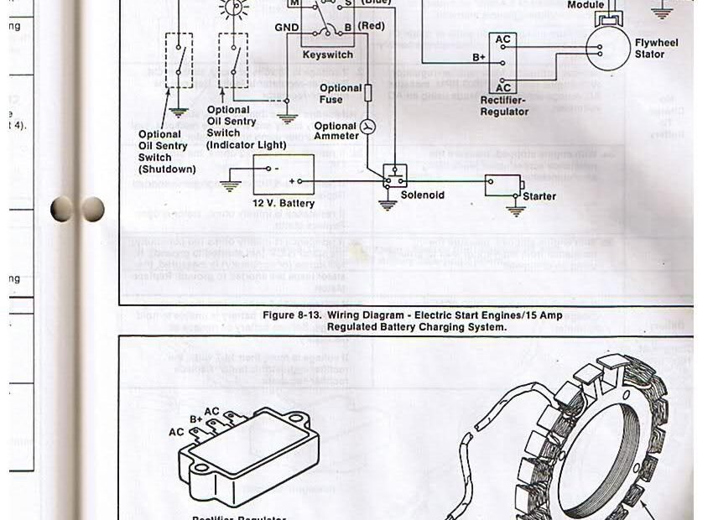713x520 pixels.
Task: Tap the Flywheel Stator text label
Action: coord(656,49)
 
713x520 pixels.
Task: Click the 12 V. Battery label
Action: coord(284,204)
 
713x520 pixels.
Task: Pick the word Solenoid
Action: coord(423,195)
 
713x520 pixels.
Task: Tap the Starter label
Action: coord(539,196)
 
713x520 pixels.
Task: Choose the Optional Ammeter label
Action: coord(336,132)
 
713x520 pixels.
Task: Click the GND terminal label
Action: coord(287,28)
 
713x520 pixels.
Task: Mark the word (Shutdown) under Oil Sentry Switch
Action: coord(166,169)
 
